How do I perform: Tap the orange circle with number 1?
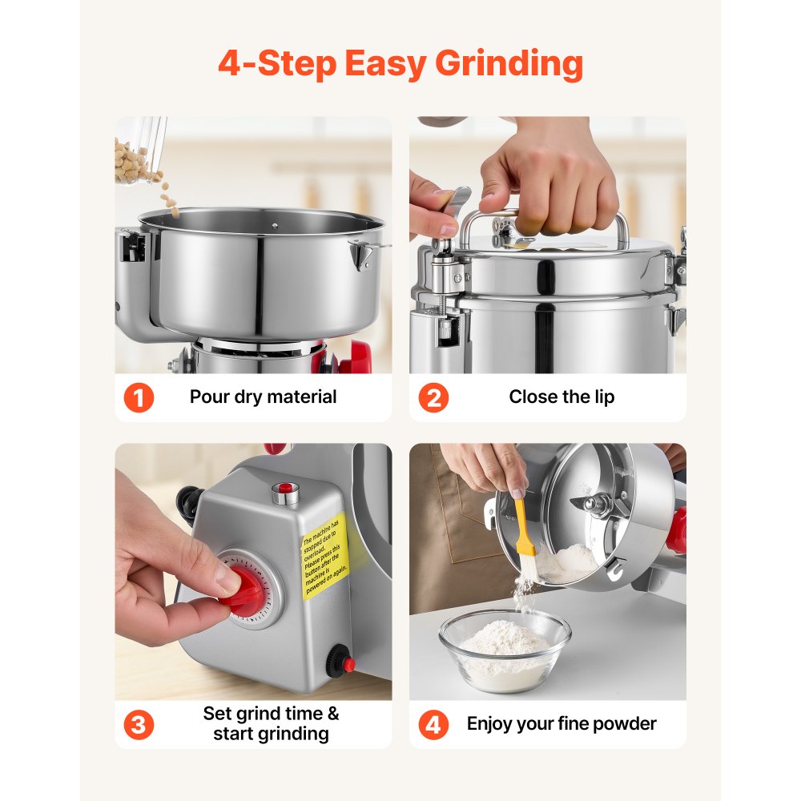pos(139,397)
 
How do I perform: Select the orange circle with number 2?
pos(433,397)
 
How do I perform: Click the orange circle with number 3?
pos(139,725)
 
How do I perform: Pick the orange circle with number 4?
pos(433,725)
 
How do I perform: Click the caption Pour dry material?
pos(263,396)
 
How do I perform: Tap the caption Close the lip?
pos(562,396)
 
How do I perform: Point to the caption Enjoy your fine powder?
pos(562,724)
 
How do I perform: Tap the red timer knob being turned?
pos(243,587)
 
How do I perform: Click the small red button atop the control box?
pos(284,489)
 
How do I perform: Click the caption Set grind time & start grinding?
pos(271,723)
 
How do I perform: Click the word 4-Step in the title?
pos(276,64)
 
